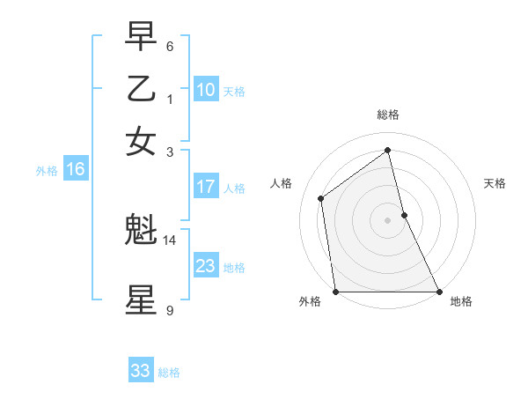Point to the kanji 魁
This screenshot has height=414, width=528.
[141, 231]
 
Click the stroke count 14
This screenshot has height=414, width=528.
[170, 240]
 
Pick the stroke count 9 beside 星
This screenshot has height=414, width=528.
[170, 310]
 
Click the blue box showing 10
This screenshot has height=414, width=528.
[206, 90]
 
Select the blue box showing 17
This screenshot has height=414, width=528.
[206, 187]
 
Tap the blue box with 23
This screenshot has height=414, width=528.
[206, 266]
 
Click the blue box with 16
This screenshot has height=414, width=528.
[75, 170]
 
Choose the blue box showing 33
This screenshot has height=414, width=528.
[140, 371]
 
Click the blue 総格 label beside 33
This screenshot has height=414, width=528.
[169, 373]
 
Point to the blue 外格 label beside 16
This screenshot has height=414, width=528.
[46, 171]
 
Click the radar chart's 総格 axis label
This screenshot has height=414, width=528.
[387, 115]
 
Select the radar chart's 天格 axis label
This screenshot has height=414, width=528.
[495, 183]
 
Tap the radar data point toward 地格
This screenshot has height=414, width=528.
[438, 292]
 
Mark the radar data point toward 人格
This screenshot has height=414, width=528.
[321, 198]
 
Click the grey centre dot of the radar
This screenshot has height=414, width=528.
[387, 220]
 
